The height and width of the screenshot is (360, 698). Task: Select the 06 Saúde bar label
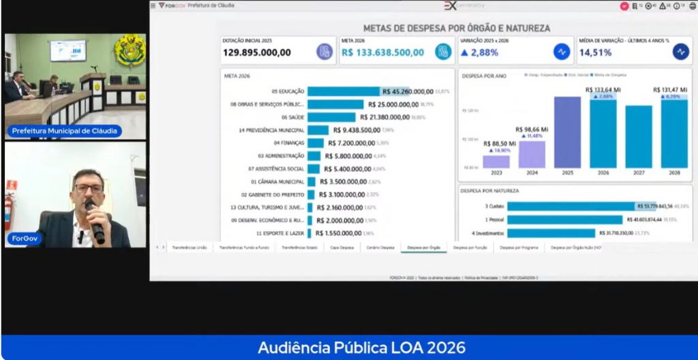coord(290,117)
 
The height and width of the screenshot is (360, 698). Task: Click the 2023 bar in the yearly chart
coord(496,162)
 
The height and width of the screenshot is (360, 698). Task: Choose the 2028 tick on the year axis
coord(673,172)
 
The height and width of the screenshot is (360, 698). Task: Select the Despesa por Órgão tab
coord(423,248)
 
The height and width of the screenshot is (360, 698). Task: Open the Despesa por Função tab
coord(470,248)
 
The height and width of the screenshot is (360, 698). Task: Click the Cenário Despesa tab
coord(380,248)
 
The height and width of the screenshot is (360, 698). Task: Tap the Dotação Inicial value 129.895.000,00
coord(257,52)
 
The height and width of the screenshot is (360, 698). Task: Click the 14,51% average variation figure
coord(595,52)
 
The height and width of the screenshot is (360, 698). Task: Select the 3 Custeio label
coord(494,206)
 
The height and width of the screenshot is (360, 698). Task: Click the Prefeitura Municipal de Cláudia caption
coord(64,131)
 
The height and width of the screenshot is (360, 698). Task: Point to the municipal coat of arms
coord(130,51)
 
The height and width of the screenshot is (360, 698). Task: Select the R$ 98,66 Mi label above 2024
coord(532,129)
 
